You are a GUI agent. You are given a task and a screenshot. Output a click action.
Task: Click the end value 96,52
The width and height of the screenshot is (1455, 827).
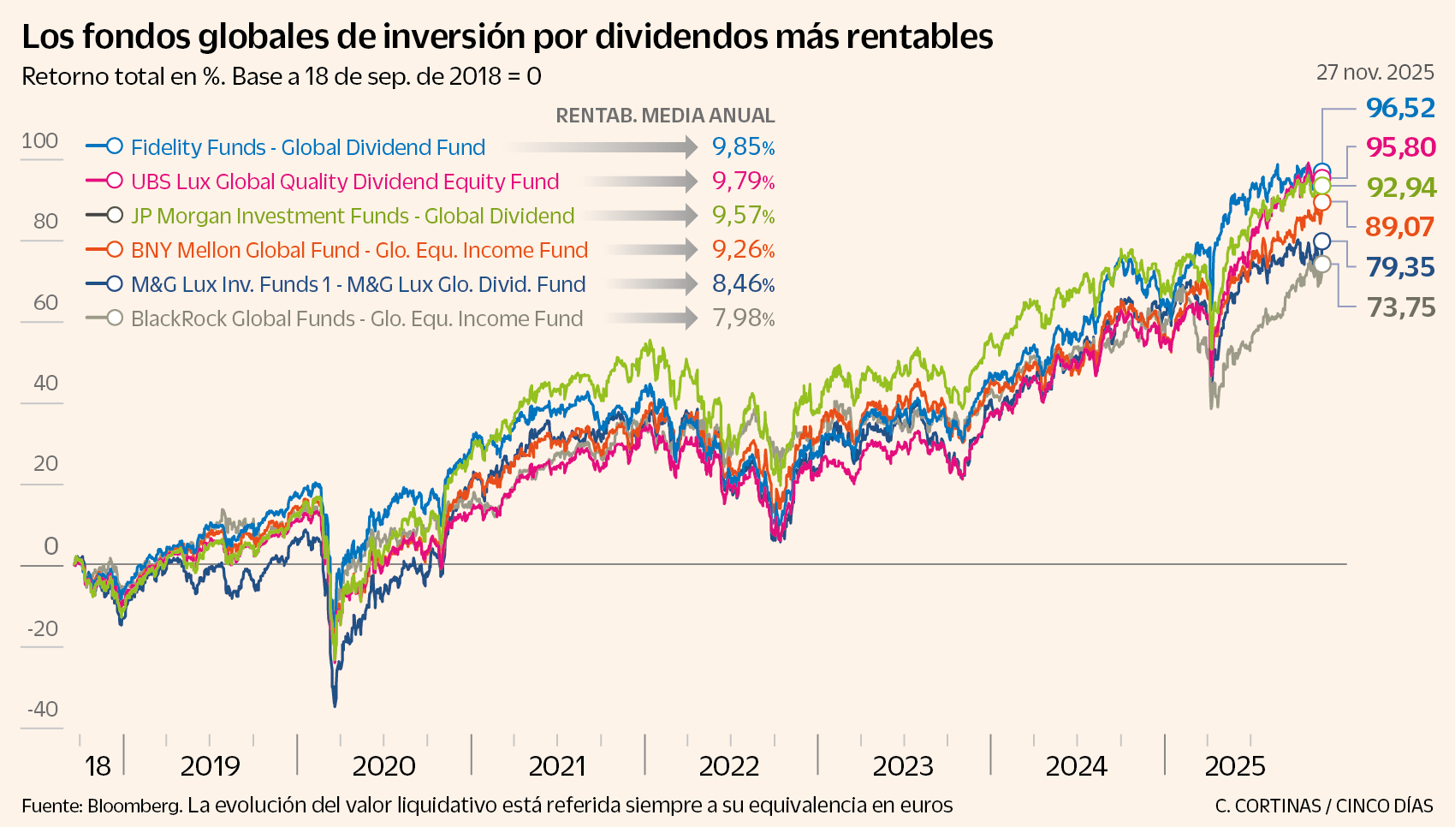pyautogui.click(x=1400, y=108)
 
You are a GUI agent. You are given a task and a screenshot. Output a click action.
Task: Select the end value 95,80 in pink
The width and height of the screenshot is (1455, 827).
pyautogui.click(x=1400, y=147)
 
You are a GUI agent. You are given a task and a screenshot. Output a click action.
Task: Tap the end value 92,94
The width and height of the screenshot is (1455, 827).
pyautogui.click(x=1401, y=187)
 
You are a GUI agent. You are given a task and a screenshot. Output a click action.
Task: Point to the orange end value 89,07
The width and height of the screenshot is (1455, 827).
pyautogui.click(x=1399, y=227)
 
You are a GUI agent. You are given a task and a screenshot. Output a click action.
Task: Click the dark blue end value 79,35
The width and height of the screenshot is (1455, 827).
pyautogui.click(x=1400, y=267)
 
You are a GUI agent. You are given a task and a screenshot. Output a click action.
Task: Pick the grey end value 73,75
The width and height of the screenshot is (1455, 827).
pyautogui.click(x=1400, y=307)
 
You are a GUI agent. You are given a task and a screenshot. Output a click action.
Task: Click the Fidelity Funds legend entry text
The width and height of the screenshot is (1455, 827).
pyautogui.click(x=307, y=147)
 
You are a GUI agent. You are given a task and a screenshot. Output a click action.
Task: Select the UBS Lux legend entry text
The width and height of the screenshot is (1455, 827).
pyautogui.click(x=344, y=181)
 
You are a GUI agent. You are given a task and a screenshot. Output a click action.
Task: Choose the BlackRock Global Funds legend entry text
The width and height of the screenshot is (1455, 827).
pyautogui.click(x=356, y=318)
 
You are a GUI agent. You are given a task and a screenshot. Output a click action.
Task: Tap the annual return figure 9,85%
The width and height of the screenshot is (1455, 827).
pyautogui.click(x=743, y=147)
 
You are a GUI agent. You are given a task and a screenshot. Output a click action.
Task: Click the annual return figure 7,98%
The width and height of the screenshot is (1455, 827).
pyautogui.click(x=743, y=318)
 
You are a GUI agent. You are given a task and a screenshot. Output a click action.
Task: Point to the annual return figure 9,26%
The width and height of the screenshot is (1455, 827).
pyautogui.click(x=743, y=250)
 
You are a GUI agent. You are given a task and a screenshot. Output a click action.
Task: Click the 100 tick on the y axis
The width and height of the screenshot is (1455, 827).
pyautogui.click(x=40, y=141)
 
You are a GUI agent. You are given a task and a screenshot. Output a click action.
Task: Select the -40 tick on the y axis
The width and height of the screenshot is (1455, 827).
pyautogui.click(x=43, y=709)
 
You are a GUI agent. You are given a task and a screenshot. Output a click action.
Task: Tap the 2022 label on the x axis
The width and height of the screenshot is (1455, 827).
pyautogui.click(x=729, y=766)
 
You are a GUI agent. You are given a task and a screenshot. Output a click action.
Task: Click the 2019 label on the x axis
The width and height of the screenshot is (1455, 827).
pyautogui.click(x=210, y=766)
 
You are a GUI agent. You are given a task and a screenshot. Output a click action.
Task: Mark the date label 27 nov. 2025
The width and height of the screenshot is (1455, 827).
pyautogui.click(x=1375, y=73)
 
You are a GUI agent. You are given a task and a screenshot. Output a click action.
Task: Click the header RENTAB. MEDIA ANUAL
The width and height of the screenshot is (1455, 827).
pyautogui.click(x=665, y=116)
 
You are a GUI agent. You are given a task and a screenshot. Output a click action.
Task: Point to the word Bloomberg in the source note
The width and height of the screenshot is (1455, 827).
pyautogui.click(x=134, y=806)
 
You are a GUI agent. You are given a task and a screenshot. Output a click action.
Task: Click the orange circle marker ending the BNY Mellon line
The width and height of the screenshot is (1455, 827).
pyautogui.click(x=1321, y=202)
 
